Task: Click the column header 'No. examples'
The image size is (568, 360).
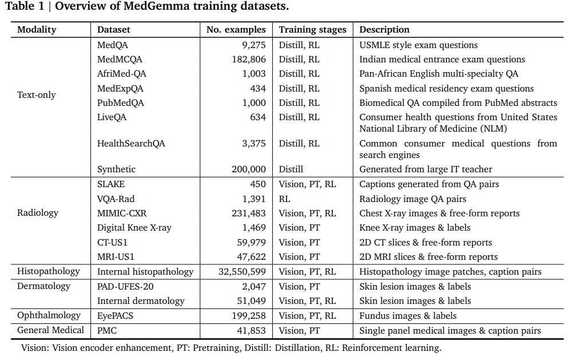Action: pyautogui.click(x=236, y=30)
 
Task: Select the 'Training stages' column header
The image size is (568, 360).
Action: pyautogui.click(x=312, y=30)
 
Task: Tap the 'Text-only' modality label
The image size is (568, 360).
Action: pyautogui.click(x=37, y=95)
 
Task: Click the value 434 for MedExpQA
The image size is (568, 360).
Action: pyautogui.click(x=257, y=89)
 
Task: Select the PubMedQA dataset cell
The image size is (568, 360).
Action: pyautogui.click(x=121, y=103)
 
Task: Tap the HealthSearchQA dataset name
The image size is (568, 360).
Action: pyautogui.click(x=131, y=144)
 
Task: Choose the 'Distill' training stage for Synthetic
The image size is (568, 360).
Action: pyautogui.click(x=291, y=169)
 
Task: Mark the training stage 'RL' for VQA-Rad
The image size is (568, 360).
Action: pyautogui.click(x=285, y=199)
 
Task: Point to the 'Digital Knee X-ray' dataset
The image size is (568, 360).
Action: pyautogui.click(x=134, y=228)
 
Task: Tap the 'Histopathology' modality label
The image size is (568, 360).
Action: pyautogui.click(x=49, y=271)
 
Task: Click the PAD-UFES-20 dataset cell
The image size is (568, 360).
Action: pyautogui.click(x=125, y=286)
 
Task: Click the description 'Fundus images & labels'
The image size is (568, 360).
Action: pyautogui.click(x=407, y=315)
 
